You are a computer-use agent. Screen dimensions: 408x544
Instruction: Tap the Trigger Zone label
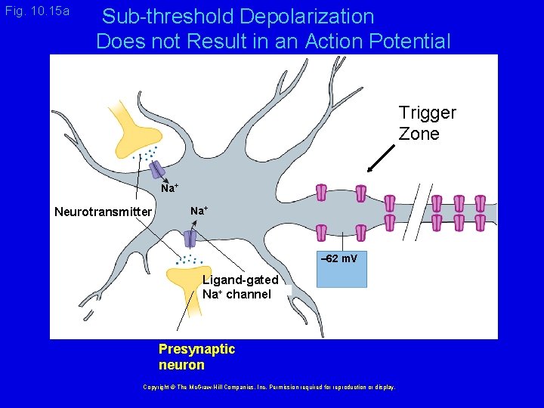[427, 123]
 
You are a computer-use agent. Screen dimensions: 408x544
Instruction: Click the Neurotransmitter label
[104, 212]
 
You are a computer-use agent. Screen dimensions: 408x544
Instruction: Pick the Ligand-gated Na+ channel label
[240, 287]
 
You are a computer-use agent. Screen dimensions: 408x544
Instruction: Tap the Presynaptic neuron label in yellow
[196, 357]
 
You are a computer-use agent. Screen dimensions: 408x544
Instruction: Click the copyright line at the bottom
[269, 387]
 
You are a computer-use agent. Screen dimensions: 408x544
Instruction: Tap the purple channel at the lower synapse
[190, 238]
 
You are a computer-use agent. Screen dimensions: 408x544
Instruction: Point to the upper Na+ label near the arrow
[169, 188]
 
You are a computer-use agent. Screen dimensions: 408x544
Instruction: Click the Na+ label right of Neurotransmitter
[199, 210]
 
